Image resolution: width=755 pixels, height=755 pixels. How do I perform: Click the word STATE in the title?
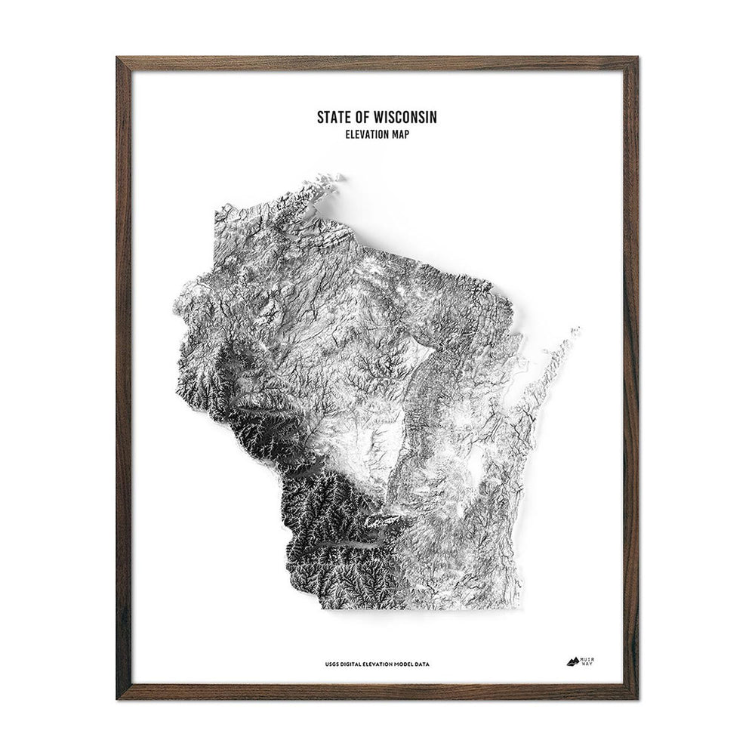click(333, 118)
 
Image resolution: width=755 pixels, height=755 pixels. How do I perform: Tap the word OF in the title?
click(362, 118)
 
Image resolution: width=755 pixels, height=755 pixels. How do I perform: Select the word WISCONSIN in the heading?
click(405, 118)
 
